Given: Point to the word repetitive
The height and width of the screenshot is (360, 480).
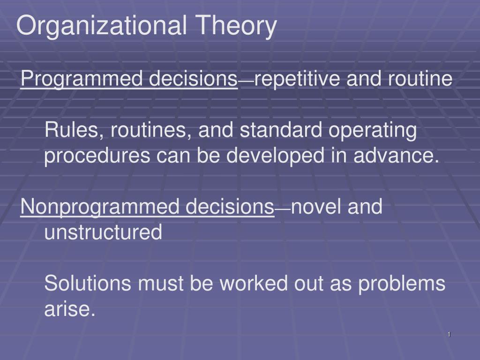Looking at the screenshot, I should pos(298,79).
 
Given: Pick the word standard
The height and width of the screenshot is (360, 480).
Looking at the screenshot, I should pos(281,130).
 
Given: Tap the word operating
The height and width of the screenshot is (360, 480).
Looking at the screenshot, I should pos(372,131).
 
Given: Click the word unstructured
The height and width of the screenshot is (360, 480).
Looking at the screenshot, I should pos(103,232).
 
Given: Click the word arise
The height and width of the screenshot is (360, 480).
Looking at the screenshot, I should pos(69,309).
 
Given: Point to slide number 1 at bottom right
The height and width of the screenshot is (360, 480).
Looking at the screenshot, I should pos(449,334).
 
